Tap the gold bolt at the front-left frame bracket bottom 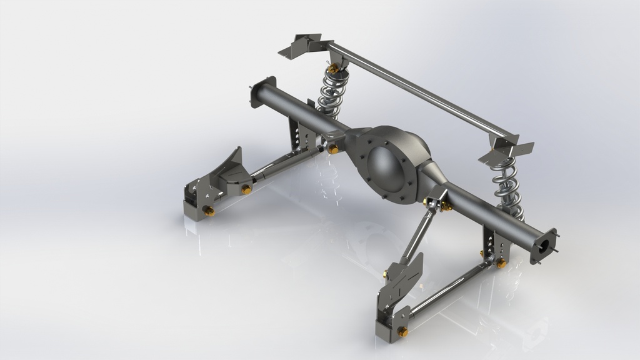[x=209, y=212]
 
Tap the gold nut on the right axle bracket [x=501, y=264]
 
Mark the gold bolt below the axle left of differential [x=333, y=149]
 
